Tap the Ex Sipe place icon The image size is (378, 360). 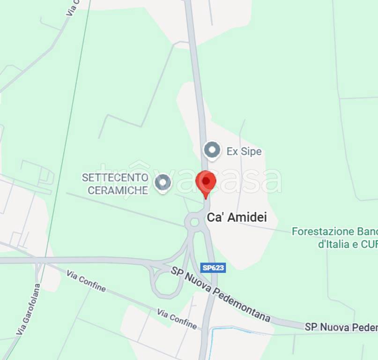212,150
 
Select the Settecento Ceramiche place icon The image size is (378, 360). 163,182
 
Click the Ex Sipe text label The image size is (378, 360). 244,151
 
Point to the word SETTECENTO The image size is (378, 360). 115,178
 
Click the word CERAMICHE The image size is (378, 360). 118,190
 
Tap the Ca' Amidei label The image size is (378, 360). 237,217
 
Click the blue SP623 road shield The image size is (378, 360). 213,268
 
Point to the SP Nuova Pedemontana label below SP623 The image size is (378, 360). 220,294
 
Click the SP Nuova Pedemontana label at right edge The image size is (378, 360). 341,327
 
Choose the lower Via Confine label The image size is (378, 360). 177,319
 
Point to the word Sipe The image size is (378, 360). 251,151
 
